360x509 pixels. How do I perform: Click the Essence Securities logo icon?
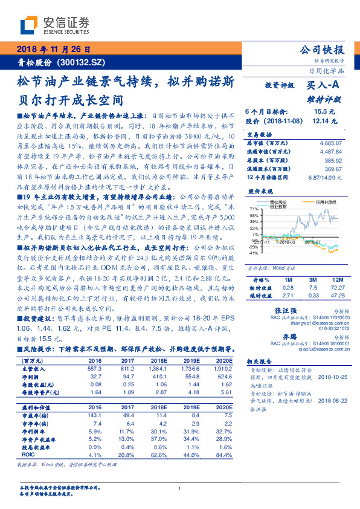tap(29, 26)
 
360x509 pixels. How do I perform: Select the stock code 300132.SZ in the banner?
tap(85, 62)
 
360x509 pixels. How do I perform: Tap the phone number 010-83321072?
tap(324, 329)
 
